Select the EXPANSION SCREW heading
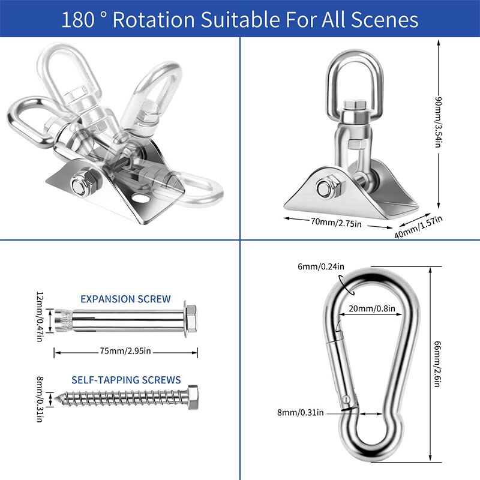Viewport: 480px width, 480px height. pos(125,299)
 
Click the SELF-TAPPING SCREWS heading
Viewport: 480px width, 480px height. pos(126,380)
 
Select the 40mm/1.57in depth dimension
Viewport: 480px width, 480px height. pos(418,226)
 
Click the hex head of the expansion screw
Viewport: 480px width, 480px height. pos(191,318)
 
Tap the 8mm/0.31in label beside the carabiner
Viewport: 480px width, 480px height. pos(301,413)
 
